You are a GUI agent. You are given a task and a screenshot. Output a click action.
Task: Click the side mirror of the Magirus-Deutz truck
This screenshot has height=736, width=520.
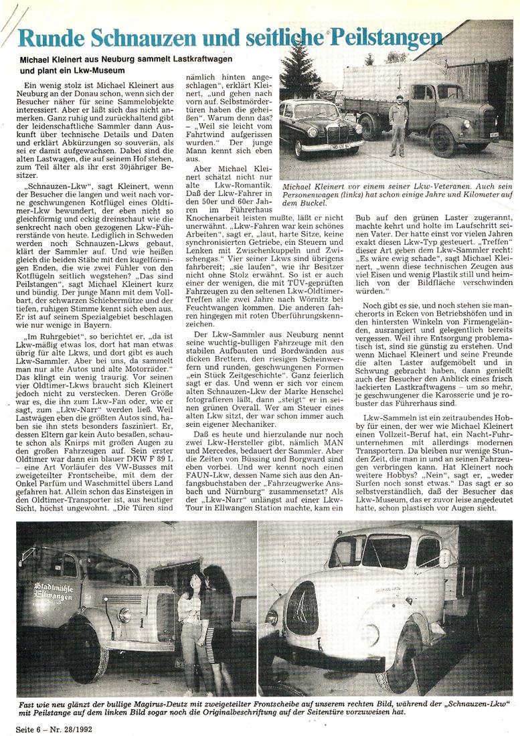[444, 558]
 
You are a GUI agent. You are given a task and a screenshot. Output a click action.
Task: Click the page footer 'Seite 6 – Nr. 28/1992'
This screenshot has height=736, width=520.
[56, 727]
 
